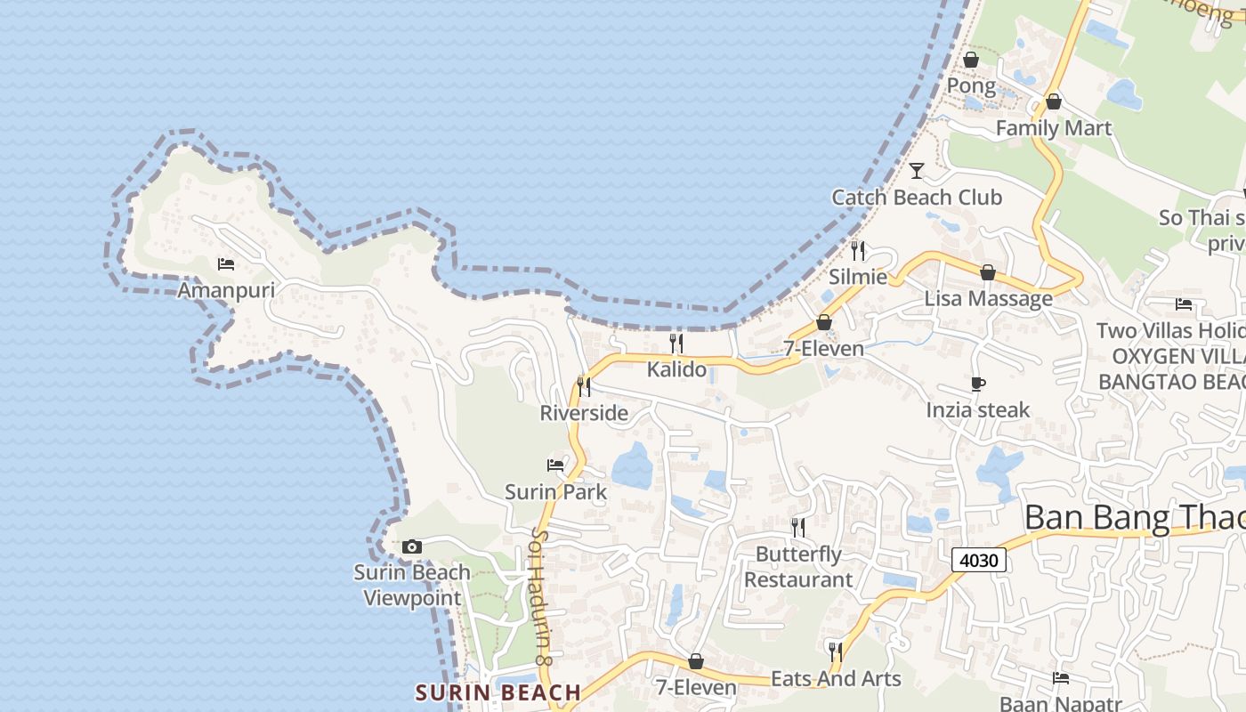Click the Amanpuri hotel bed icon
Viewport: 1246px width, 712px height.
click(226, 264)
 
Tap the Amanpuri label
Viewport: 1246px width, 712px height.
click(226, 290)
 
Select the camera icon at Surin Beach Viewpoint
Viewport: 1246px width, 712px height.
click(411, 546)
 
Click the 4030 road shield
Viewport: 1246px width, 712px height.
click(979, 560)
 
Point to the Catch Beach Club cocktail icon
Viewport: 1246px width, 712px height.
click(917, 170)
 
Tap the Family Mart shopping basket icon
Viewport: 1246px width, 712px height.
click(1054, 101)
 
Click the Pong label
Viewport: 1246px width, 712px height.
click(971, 85)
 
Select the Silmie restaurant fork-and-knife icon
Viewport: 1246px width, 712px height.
click(858, 250)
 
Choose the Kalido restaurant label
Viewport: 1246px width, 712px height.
click(676, 368)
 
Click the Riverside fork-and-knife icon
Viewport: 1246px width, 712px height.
click(584, 386)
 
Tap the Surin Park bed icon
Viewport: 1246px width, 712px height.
click(555, 465)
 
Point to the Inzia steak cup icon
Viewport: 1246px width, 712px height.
click(978, 384)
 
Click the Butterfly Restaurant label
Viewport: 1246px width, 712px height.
click(798, 567)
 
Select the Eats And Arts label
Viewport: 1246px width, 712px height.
click(836, 679)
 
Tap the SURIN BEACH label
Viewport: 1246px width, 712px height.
click(498, 692)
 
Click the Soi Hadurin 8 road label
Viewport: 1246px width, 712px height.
click(543, 596)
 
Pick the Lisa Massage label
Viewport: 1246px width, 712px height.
click(988, 298)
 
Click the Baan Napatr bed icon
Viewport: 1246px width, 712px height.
click(1060, 678)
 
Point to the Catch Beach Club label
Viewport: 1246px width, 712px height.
click(917, 197)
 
